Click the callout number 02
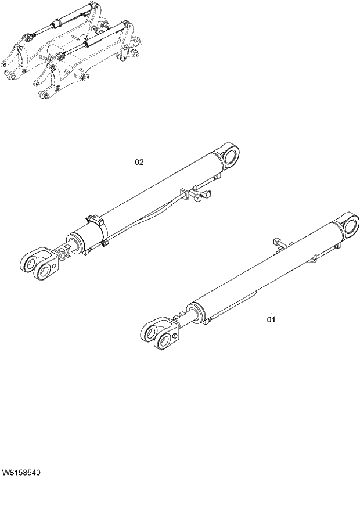(139, 163)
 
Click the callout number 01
(271, 319)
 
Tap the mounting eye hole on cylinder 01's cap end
(352, 225)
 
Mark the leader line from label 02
(140, 180)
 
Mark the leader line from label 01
(271, 299)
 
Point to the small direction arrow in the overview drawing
(75, 37)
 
